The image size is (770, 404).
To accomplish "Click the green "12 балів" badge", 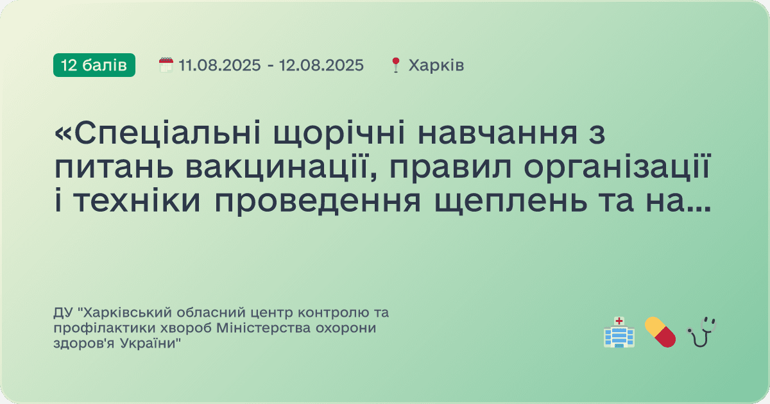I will [x=94, y=65].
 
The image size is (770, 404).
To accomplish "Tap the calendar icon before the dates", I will [x=166, y=65].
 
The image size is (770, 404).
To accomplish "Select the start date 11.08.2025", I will [x=219, y=65].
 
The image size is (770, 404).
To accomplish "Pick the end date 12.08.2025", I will [x=321, y=65].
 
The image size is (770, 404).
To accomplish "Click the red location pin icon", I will [x=396, y=65].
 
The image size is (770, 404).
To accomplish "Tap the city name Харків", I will [x=436, y=65].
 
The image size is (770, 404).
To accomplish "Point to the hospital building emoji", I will [x=619, y=332].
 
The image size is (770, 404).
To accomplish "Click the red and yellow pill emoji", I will [x=660, y=332].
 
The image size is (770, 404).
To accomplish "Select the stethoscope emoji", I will [x=701, y=332].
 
